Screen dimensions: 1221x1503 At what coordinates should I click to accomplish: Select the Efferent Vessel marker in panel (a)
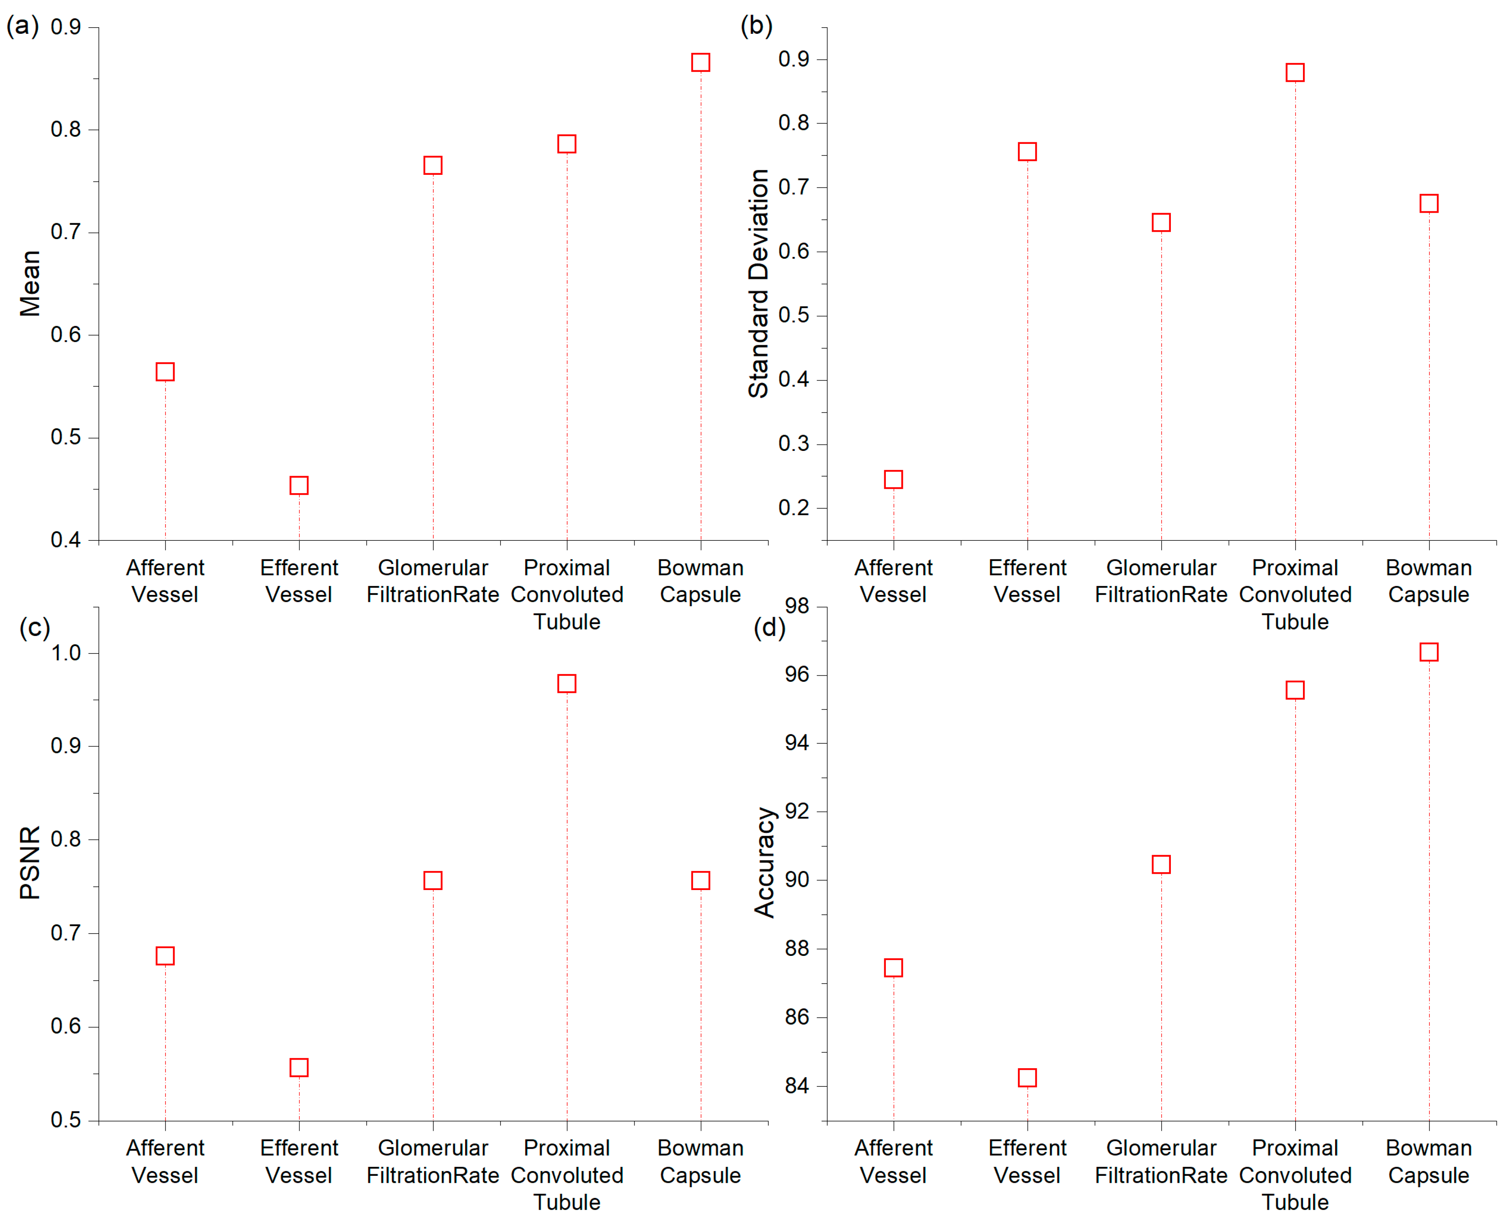point(299,485)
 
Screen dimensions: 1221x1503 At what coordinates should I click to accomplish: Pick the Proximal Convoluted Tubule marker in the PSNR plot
point(566,683)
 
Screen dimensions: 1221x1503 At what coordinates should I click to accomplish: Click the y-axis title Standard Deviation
point(758,283)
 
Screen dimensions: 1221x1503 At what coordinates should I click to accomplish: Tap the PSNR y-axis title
point(30,863)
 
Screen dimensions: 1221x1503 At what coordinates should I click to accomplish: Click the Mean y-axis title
point(30,283)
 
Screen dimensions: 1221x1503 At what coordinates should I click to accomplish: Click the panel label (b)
point(756,26)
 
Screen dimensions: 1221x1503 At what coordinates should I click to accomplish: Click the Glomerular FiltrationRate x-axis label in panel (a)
point(433,581)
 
